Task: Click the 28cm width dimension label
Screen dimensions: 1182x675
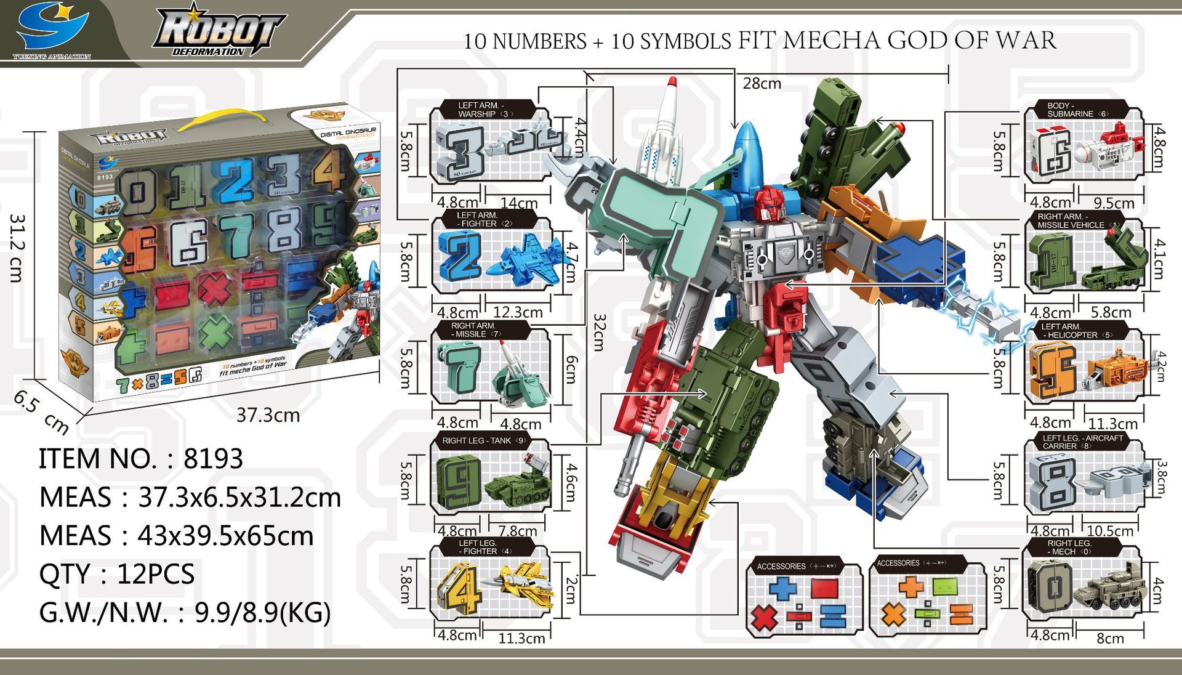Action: coord(762,83)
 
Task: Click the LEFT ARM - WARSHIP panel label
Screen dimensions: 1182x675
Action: coord(484,110)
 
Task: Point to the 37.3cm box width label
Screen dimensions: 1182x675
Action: coord(268,415)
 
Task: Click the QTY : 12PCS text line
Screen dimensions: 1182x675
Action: coord(117,574)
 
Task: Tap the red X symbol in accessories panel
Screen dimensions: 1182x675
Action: coord(765,616)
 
